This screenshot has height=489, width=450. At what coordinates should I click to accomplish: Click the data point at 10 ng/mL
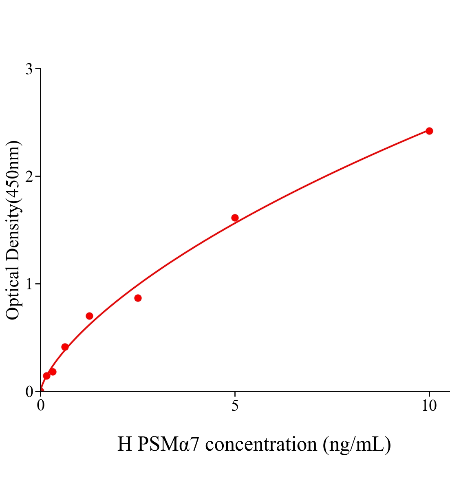tap(429, 131)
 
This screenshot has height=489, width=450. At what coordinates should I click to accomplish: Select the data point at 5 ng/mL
tap(235, 218)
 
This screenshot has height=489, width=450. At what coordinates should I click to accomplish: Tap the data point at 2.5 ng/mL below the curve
tap(138, 298)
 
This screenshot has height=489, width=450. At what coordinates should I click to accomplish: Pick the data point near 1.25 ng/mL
tap(89, 316)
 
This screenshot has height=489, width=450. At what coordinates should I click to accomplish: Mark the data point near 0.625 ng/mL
tap(65, 347)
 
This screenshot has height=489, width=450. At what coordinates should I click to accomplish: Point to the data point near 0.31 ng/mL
tap(53, 372)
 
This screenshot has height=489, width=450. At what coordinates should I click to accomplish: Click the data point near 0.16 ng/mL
tap(46, 376)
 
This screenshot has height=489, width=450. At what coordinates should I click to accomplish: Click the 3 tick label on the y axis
tap(29, 69)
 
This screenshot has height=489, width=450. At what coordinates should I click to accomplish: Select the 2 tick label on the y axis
tap(29, 176)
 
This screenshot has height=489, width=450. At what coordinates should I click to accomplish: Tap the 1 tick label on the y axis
tap(29, 284)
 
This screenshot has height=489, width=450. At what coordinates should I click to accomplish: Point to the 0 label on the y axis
tap(29, 392)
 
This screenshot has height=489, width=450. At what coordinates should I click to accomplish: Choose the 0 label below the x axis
tap(41, 406)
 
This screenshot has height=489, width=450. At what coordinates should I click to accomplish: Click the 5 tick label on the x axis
tap(235, 406)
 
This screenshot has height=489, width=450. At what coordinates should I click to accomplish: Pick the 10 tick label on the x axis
tap(429, 406)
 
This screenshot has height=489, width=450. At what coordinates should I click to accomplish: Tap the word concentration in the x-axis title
tap(261, 444)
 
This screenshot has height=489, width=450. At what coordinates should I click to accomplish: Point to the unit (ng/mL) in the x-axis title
tap(357, 444)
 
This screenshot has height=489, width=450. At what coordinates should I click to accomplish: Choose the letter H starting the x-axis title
tap(124, 444)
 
